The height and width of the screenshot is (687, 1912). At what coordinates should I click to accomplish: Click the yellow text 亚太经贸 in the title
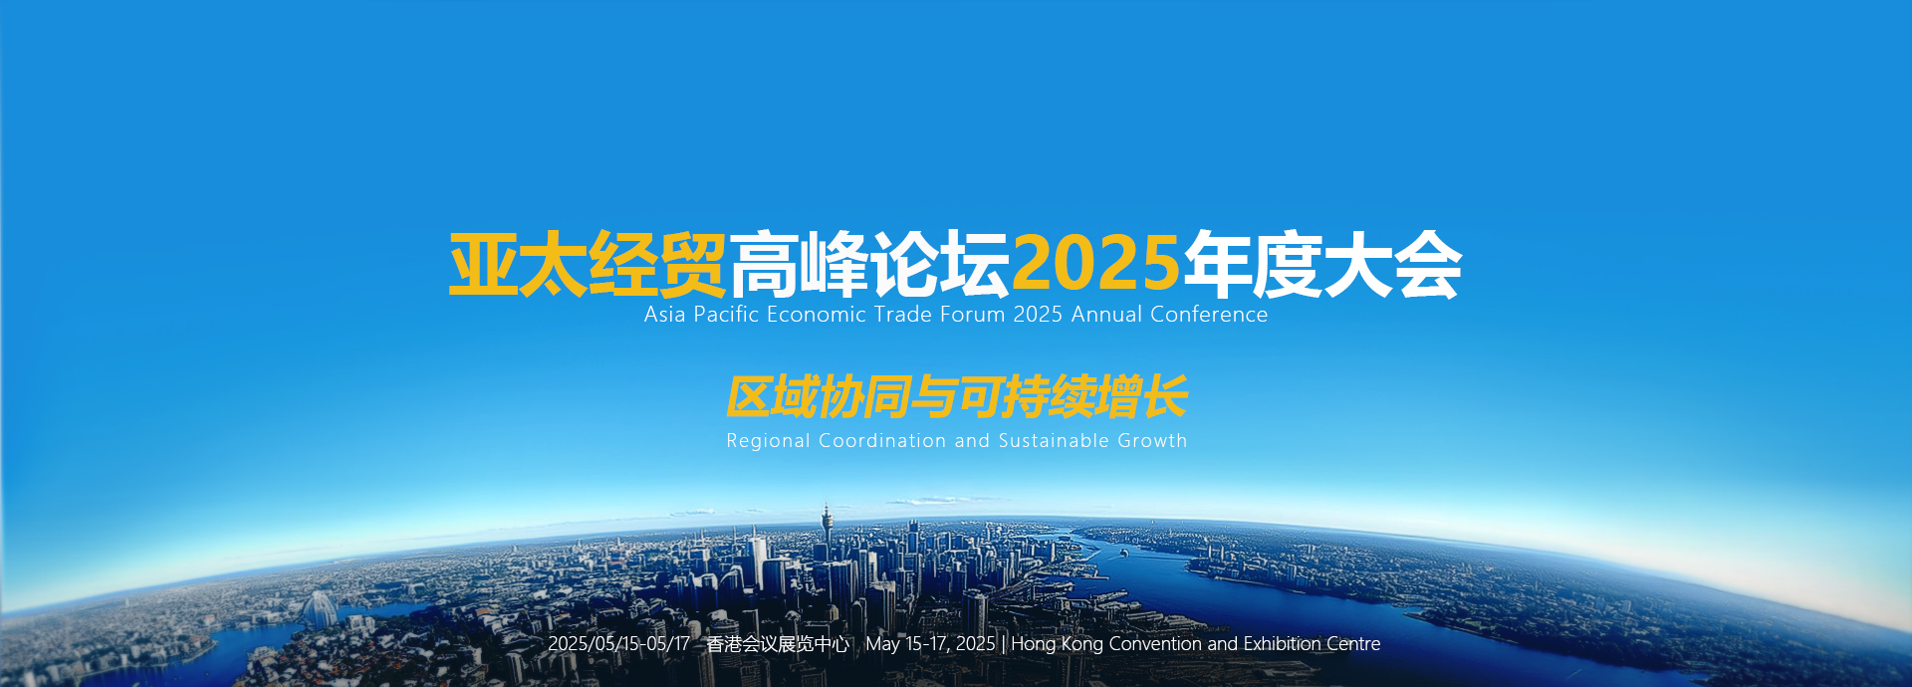[588, 265]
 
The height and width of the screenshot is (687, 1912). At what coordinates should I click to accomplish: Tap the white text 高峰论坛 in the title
[870, 265]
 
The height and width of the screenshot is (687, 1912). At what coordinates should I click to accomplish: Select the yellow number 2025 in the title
[1096, 264]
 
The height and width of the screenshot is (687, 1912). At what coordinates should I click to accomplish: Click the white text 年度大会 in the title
[1322, 265]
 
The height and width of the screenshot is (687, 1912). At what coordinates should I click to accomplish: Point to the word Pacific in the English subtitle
[726, 315]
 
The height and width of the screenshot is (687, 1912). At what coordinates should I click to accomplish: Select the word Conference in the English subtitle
[1209, 315]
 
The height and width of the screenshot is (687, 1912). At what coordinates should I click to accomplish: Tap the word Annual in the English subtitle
[1106, 315]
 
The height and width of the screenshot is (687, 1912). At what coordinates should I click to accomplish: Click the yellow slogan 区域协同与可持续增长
[957, 397]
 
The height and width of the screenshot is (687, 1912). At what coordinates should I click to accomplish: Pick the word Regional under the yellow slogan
[768, 441]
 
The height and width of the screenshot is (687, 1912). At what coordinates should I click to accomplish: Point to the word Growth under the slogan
[1152, 440]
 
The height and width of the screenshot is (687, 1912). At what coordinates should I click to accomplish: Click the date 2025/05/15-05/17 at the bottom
[618, 644]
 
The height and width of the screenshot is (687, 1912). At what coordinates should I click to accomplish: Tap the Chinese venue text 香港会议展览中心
[778, 644]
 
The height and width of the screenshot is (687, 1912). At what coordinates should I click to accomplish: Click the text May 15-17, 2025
[930, 644]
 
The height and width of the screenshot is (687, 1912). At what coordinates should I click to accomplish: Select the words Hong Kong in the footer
[1057, 644]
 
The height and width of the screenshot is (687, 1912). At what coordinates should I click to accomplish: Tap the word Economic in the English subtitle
[817, 315]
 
